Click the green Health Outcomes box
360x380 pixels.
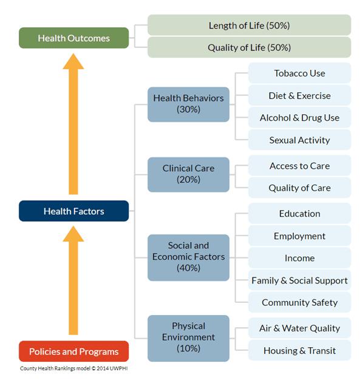pyautogui.click(x=73, y=38)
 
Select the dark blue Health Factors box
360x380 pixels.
pyautogui.click(x=73, y=211)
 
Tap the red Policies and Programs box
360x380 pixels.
pyautogui.click(x=73, y=351)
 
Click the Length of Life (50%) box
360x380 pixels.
pyautogui.click(x=250, y=25)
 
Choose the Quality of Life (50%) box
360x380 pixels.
pyautogui.click(x=250, y=47)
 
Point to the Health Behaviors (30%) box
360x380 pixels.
pyautogui.click(x=188, y=104)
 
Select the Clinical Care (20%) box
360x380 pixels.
pyautogui.click(x=188, y=174)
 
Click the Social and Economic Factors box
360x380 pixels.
pyautogui.click(x=188, y=257)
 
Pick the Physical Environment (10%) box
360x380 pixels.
pyautogui.click(x=188, y=338)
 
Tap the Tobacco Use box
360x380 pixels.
pyautogui.click(x=300, y=73)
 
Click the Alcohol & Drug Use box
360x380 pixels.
pyautogui.click(x=300, y=118)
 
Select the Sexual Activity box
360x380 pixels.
pyautogui.click(x=300, y=140)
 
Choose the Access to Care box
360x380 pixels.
pyautogui.click(x=300, y=166)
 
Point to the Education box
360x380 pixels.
pyautogui.click(x=300, y=213)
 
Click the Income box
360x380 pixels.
pyautogui.click(x=300, y=258)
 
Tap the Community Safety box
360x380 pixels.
pyautogui.click(x=300, y=302)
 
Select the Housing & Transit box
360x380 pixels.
pyautogui.click(x=300, y=350)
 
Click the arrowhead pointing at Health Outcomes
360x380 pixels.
pyautogui.click(x=73, y=61)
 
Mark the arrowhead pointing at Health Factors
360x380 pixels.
pyautogui.click(x=73, y=234)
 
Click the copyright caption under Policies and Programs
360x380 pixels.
pyautogui.click(x=73, y=368)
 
